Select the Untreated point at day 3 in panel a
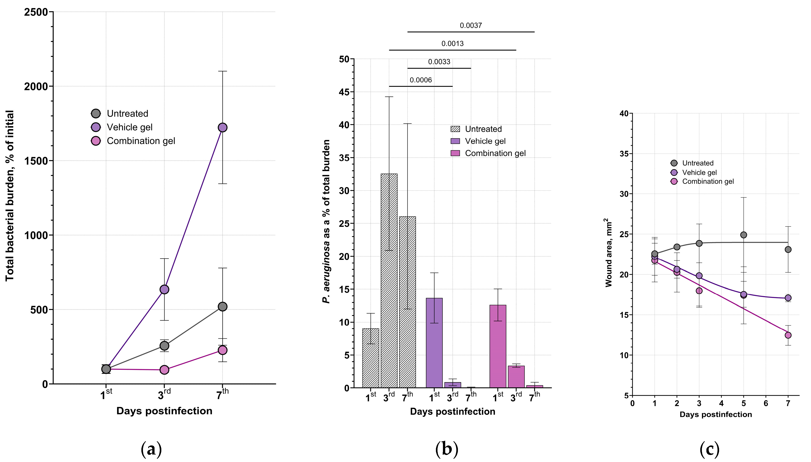point(164,345)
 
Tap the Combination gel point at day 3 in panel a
point(164,370)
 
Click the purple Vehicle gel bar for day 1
point(434,343)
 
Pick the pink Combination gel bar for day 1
point(498,346)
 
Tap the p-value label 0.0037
point(471,25)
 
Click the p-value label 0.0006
point(420,80)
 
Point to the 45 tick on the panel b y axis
point(344,92)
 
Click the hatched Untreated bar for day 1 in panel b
point(371,358)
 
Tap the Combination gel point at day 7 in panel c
point(788,335)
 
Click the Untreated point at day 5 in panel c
point(743,235)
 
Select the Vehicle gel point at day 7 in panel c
point(788,298)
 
